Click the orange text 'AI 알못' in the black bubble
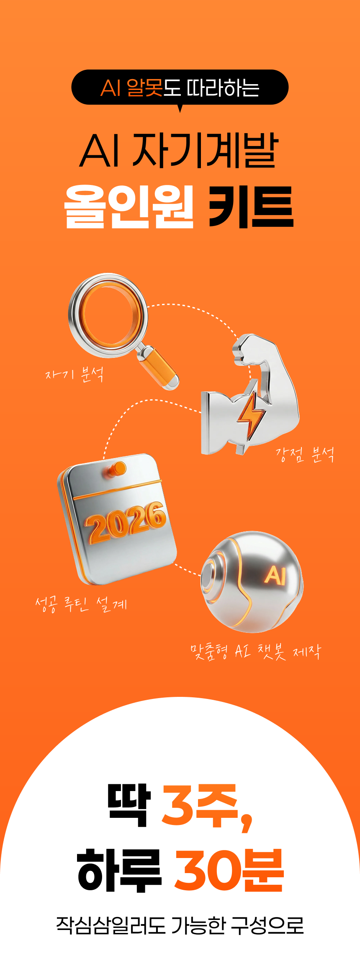pos(131,88)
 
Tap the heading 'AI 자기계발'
pos(179,151)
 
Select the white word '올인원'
pos(129,207)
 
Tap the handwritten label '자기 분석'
pos(74,374)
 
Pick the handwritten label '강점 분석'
pos(305,455)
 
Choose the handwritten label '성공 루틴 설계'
pos(81,604)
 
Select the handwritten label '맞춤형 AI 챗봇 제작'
pos(256,652)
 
